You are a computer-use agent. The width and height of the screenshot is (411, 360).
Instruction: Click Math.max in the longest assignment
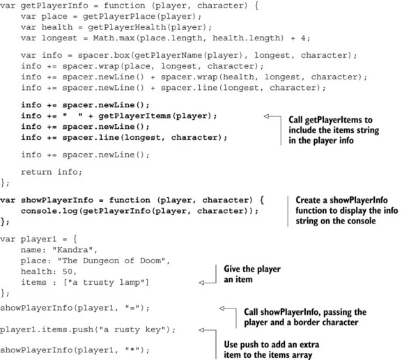point(114,38)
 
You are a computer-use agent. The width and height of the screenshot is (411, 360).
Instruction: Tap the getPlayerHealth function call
point(127,27)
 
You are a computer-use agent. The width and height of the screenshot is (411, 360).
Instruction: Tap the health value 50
point(68,272)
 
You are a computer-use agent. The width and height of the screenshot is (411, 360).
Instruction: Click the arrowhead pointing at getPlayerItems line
point(266,116)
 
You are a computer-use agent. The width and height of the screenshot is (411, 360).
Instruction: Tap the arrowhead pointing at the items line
point(201,283)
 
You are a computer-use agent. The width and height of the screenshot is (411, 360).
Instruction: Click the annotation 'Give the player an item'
point(252,274)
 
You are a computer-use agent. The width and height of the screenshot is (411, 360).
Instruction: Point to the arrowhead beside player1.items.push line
point(201,330)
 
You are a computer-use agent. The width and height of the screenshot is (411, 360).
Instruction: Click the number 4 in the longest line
point(303,38)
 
